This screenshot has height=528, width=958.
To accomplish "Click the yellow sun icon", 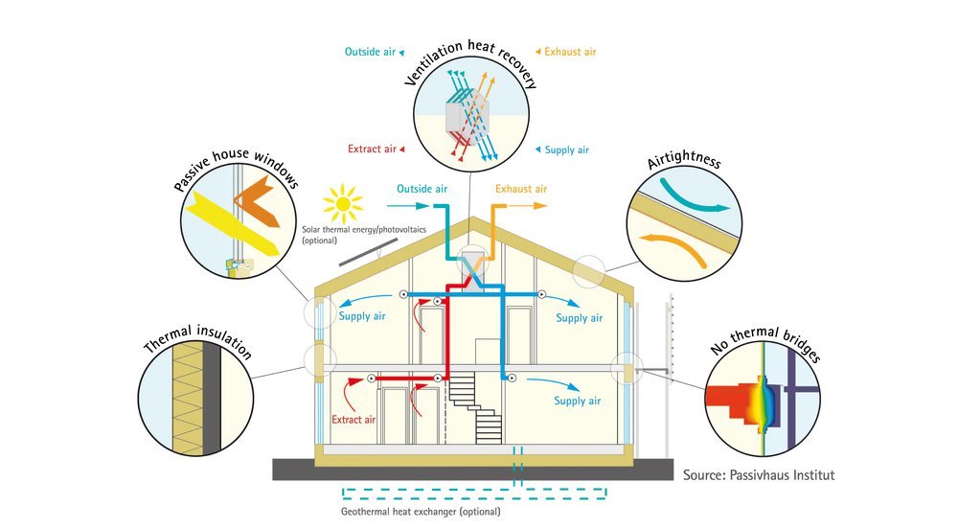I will coord(343,203).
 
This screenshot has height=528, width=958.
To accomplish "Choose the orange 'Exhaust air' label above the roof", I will coord(521,189).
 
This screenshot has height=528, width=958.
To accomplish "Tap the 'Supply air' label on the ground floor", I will coord(577,401).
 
